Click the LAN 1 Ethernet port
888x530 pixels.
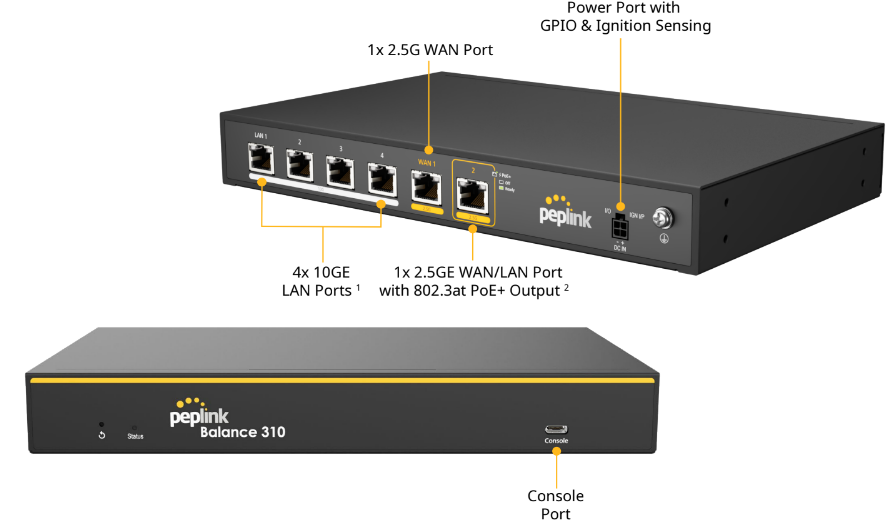click(261, 159)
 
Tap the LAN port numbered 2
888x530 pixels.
click(300, 165)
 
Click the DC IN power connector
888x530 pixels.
click(620, 230)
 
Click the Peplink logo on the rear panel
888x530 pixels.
click(566, 211)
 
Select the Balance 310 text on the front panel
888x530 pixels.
click(242, 433)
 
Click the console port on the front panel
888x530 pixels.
click(556, 429)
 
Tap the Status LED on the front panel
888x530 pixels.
click(135, 427)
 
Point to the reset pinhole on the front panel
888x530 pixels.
click(101, 425)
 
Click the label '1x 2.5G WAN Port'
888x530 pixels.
click(430, 49)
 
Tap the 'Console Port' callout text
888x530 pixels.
click(556, 504)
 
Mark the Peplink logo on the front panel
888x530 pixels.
click(201, 413)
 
